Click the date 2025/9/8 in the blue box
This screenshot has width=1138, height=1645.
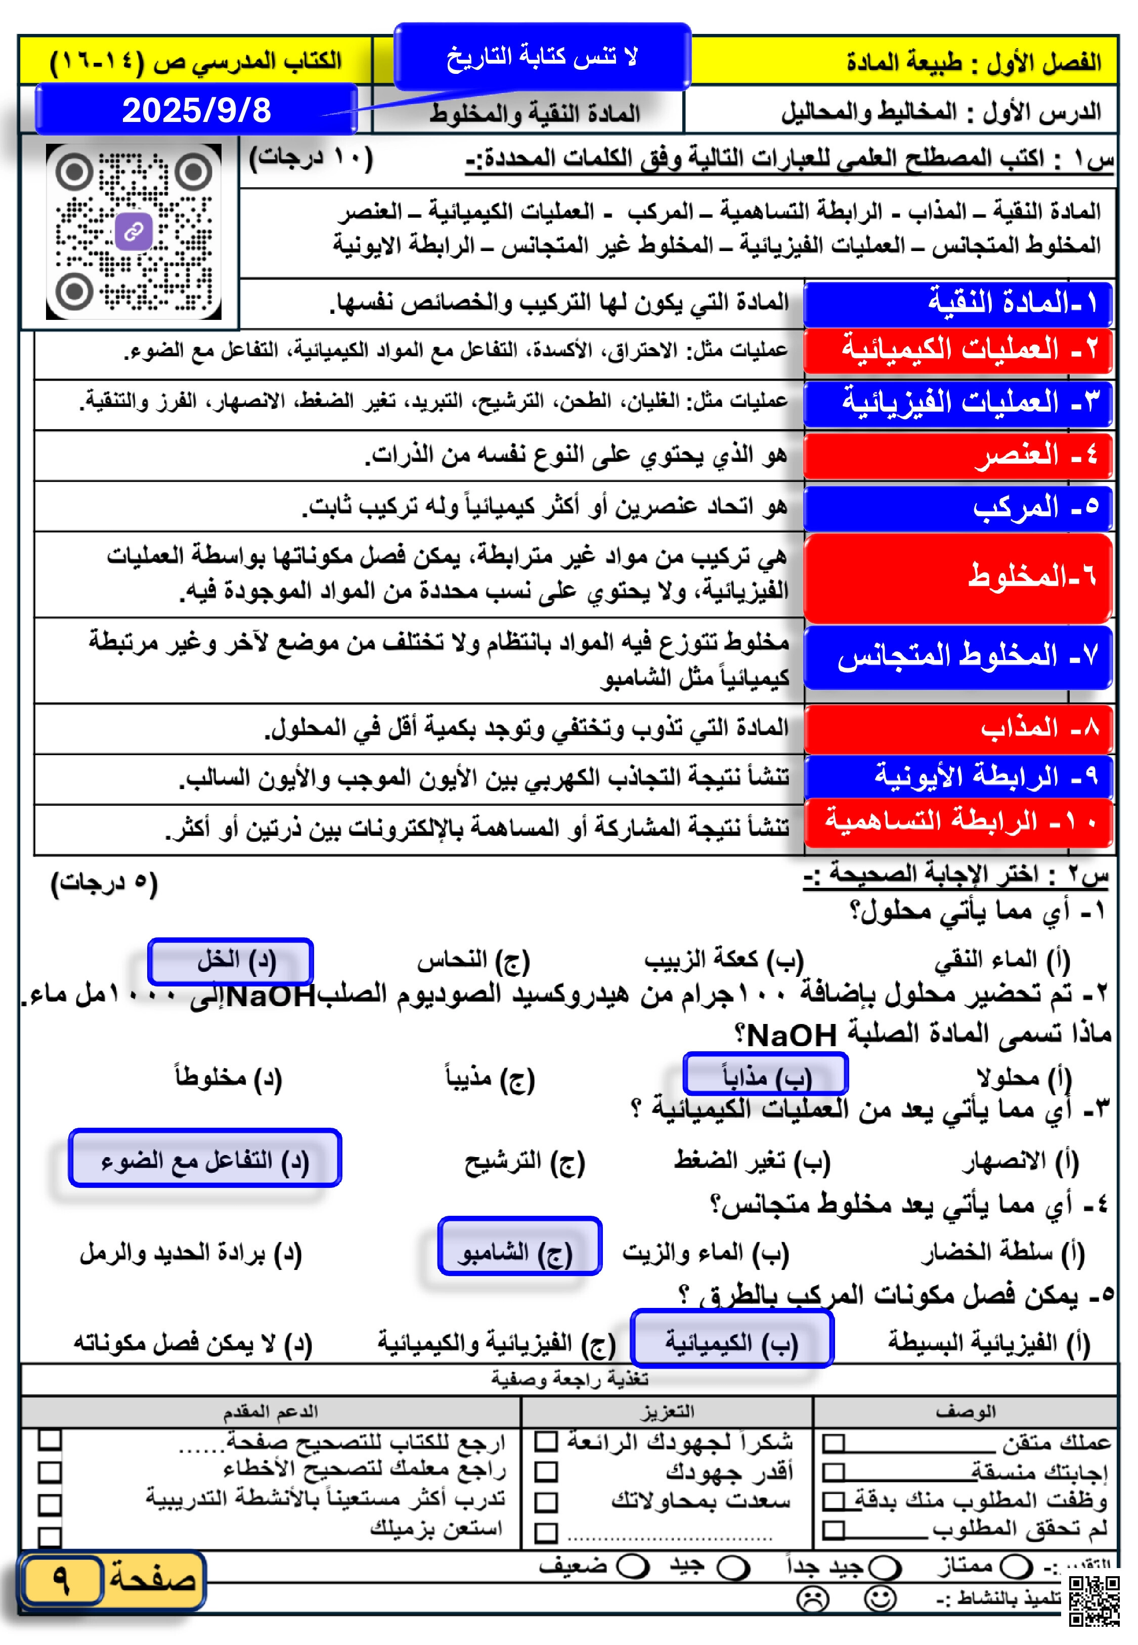pyautogui.click(x=196, y=110)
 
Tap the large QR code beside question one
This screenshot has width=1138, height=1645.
pyautogui.click(x=134, y=232)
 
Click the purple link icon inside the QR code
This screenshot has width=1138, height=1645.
pyautogui.click(x=134, y=231)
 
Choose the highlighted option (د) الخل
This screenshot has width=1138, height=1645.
pyautogui.click(x=230, y=962)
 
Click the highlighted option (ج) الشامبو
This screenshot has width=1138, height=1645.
pyautogui.click(x=520, y=1253)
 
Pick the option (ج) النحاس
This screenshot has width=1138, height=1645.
pyautogui.click(x=473, y=962)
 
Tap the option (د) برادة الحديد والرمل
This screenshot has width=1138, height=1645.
pyautogui.click(x=191, y=1253)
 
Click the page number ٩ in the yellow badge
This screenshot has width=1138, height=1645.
pyautogui.click(x=62, y=1579)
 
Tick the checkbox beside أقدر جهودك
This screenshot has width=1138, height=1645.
pyautogui.click(x=546, y=1472)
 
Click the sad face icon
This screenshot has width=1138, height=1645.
pyautogui.click(x=813, y=1598)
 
